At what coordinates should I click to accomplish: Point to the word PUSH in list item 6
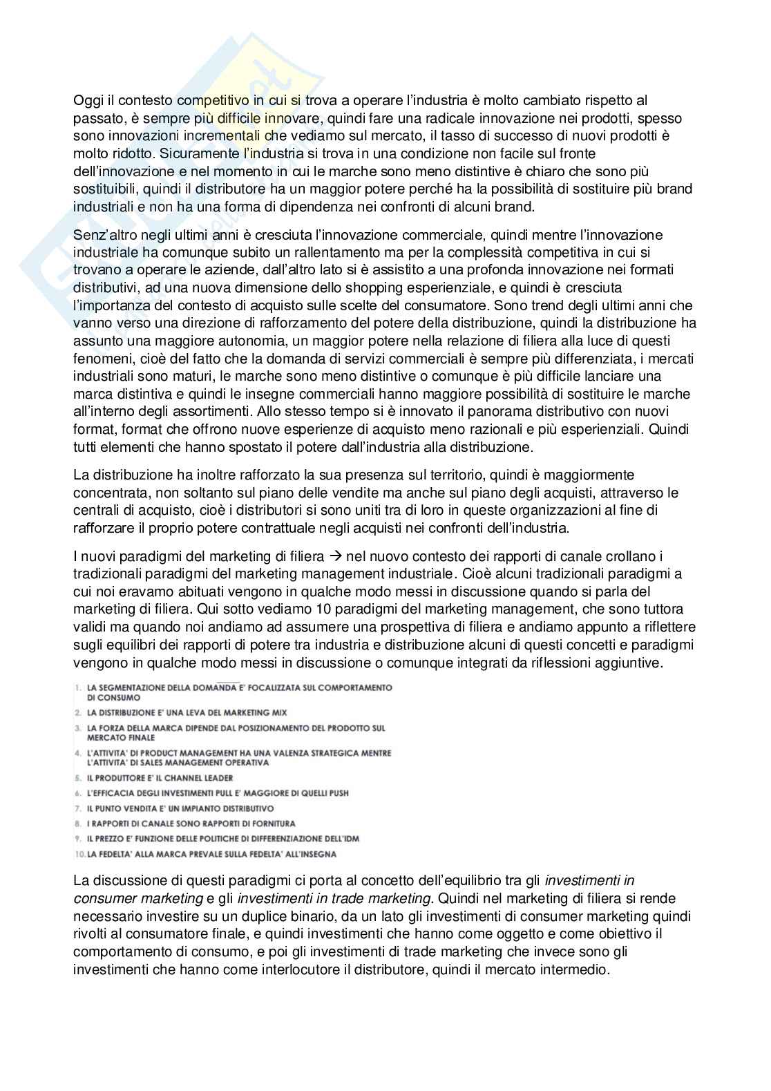pyautogui.click(x=336, y=793)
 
